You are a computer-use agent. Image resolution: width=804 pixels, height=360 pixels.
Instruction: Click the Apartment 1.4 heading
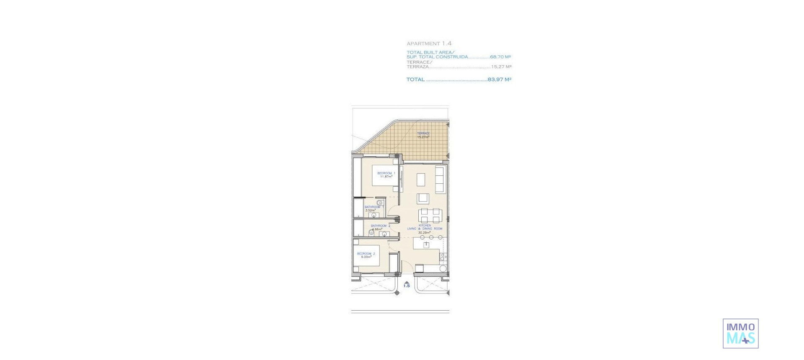tap(429, 44)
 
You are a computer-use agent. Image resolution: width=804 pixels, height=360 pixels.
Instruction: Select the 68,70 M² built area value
tap(500, 57)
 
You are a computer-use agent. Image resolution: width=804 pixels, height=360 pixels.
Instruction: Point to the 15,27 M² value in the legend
tap(501, 67)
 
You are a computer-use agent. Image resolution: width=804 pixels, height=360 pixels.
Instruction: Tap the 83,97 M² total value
tap(499, 80)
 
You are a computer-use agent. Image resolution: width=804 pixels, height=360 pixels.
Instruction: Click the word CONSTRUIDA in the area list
tap(452, 57)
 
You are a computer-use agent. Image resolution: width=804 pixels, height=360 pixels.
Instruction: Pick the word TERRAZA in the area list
tap(417, 67)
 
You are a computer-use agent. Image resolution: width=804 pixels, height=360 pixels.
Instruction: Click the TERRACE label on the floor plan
tap(423, 134)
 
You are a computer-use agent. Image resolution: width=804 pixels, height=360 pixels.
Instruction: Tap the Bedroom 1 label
tap(386, 173)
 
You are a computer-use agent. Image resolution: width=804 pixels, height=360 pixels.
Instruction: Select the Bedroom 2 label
tap(366, 254)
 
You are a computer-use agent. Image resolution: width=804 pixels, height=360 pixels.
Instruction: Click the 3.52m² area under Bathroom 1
tap(370, 211)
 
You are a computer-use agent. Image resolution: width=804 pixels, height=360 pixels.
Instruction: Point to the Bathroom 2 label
tap(380, 226)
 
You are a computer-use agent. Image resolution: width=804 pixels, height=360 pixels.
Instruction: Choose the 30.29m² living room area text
tap(424, 232)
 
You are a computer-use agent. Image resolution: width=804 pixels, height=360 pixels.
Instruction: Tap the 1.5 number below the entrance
tap(407, 286)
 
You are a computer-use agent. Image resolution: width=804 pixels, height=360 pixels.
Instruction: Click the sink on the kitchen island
tap(427, 244)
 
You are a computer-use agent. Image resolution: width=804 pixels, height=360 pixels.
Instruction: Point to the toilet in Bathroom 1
tap(379, 203)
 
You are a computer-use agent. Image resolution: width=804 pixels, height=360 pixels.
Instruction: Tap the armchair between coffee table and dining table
tap(423, 198)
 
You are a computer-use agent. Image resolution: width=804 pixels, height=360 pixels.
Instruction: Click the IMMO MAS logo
tap(740, 334)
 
